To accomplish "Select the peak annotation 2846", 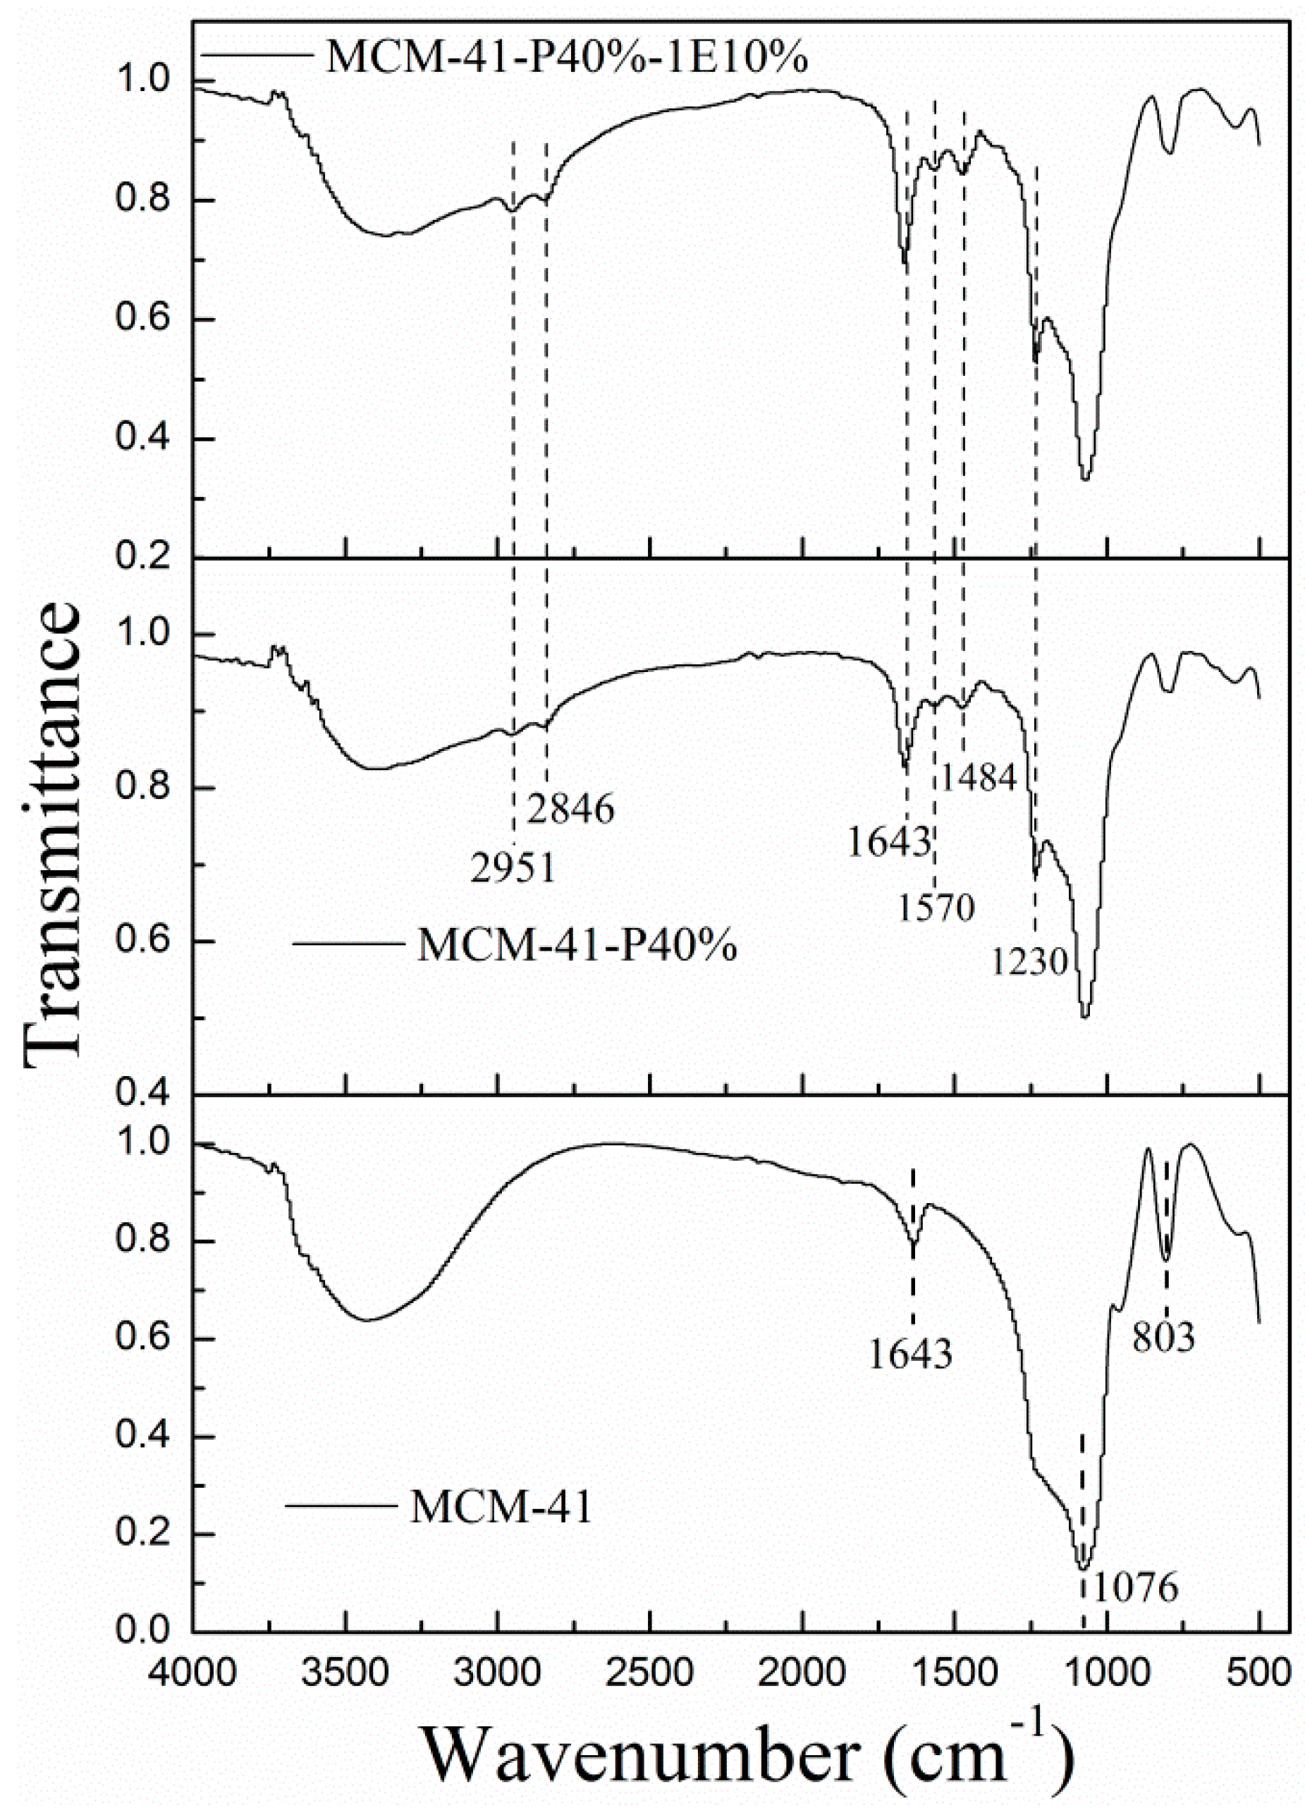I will (570, 810).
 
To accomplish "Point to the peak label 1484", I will (977, 776).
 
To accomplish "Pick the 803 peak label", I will (1163, 1336).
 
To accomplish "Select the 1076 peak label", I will (1135, 1587).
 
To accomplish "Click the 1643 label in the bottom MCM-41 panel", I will (910, 1354).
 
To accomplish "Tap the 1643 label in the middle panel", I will (888, 843).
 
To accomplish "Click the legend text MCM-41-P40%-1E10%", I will (567, 59).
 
